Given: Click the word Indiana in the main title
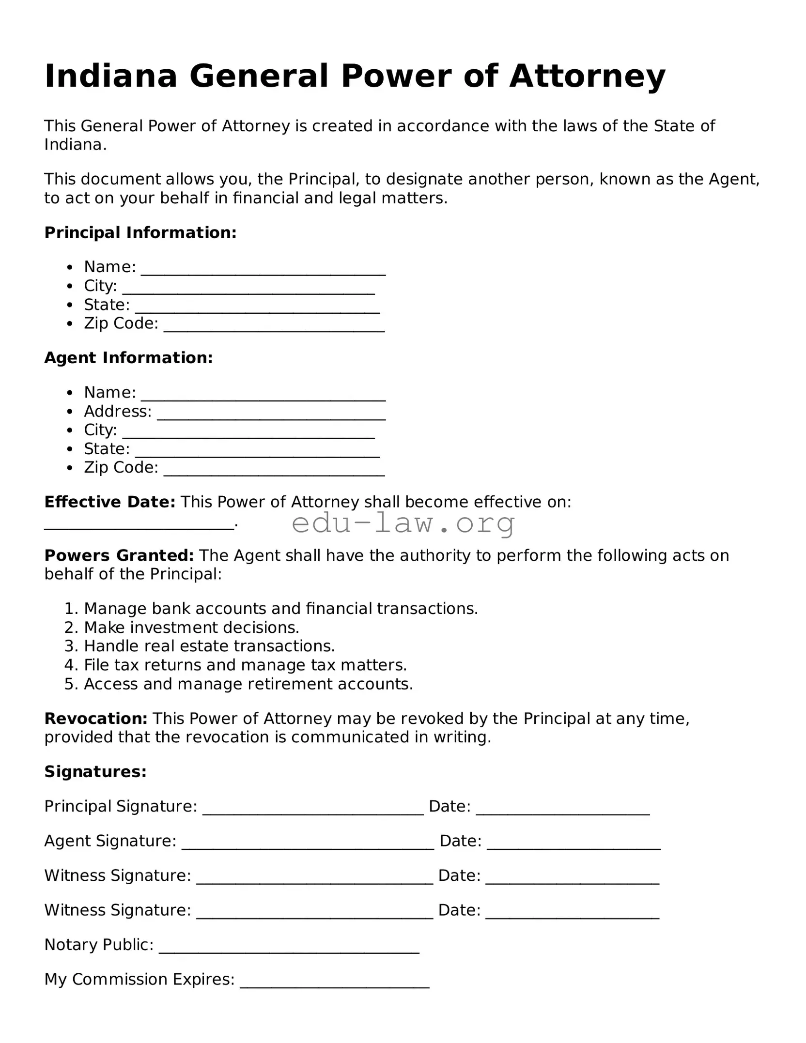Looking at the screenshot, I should click(x=111, y=76).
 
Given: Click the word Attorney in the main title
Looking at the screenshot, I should click(x=587, y=76).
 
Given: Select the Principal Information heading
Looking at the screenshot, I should click(x=140, y=233).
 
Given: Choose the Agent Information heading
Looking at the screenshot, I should click(x=128, y=358).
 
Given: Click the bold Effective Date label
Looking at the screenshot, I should click(x=109, y=502).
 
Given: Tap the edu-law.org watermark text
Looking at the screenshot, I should click(x=403, y=524).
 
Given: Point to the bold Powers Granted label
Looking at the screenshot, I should click(x=119, y=555).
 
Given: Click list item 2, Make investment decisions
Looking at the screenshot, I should click(x=191, y=628).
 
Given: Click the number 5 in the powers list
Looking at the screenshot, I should click(x=69, y=684).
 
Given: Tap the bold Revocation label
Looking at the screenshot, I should click(x=96, y=719).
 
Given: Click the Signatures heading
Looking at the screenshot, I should click(x=95, y=772).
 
